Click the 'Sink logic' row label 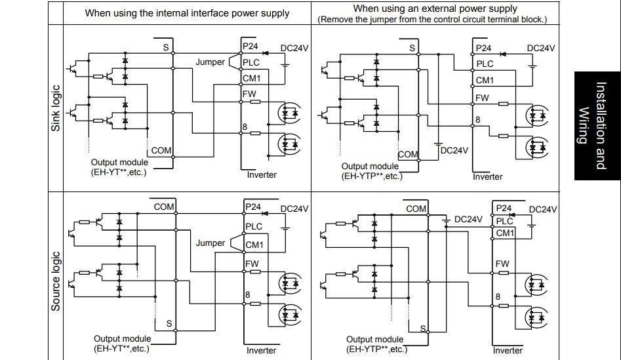click(x=56, y=108)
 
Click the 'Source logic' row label click(x=56, y=281)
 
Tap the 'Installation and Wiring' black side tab click(x=597, y=126)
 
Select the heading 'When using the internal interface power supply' click(x=187, y=13)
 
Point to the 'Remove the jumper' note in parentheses click(x=432, y=20)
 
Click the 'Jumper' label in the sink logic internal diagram click(x=210, y=62)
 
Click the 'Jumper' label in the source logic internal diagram click(x=210, y=243)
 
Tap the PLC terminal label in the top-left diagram click(x=251, y=62)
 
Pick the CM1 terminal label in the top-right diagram click(x=485, y=80)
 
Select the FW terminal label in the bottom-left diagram click(x=252, y=264)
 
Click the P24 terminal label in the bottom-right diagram click(x=504, y=209)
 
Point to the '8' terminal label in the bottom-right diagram click(x=498, y=296)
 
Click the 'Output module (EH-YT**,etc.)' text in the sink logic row click(x=119, y=167)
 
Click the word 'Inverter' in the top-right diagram click(x=487, y=176)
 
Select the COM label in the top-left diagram click(x=161, y=151)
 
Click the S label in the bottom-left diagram click(x=169, y=323)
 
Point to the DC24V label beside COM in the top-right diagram click(x=454, y=151)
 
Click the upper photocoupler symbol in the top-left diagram click(x=289, y=113)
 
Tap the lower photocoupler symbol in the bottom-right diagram click(x=536, y=317)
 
